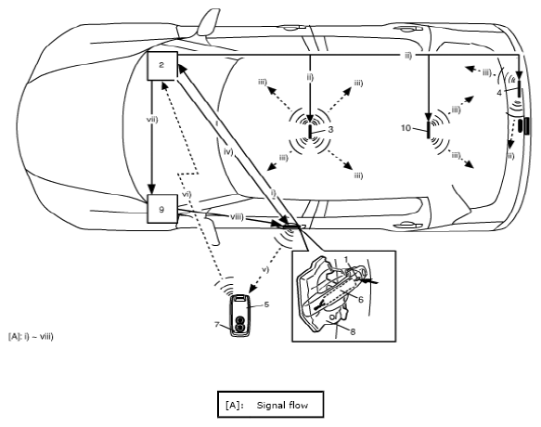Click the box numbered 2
(x=162, y=66)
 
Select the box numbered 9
(x=162, y=209)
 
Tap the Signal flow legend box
(x=271, y=404)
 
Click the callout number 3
(x=330, y=129)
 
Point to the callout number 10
(x=406, y=128)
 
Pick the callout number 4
(x=499, y=93)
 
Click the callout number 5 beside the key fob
(x=266, y=304)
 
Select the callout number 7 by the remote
(x=217, y=325)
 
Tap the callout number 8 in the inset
(x=353, y=331)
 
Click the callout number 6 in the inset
(x=361, y=299)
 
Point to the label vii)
(x=152, y=120)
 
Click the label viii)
(x=237, y=217)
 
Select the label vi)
(x=187, y=194)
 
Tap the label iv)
(x=229, y=151)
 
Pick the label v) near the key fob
(x=265, y=269)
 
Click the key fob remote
(x=239, y=315)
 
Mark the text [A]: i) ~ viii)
(x=31, y=336)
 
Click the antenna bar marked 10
(x=429, y=130)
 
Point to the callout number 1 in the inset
(x=347, y=259)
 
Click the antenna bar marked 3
(x=310, y=132)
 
